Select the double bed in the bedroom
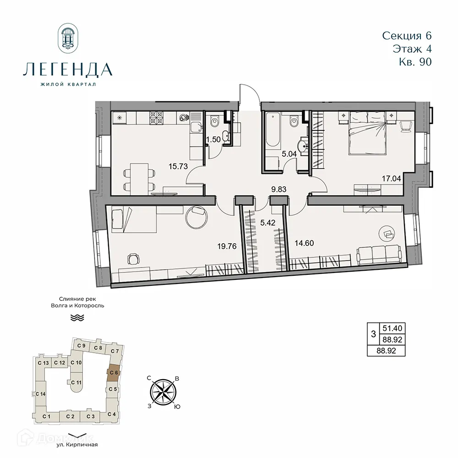367,136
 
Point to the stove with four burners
158,118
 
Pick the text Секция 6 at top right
407,35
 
